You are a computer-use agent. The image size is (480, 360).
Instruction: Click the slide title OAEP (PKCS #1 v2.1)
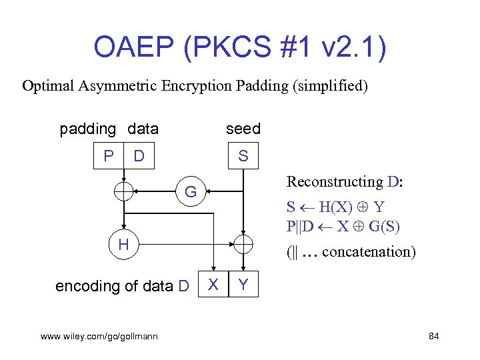pyautogui.click(x=239, y=47)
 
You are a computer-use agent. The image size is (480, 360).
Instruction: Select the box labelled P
pyautogui.click(x=109, y=156)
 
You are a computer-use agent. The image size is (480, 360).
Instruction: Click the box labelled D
pyautogui.click(x=139, y=156)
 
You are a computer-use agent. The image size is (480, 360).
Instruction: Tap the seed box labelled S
pyautogui.click(x=243, y=156)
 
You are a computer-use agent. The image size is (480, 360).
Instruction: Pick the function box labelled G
pyautogui.click(x=191, y=193)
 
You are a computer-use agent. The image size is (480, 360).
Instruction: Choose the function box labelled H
pyautogui.click(x=123, y=245)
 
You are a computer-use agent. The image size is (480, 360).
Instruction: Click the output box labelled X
pyautogui.click(x=213, y=285)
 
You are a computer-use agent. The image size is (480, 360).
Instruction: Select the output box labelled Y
pyautogui.click(x=243, y=285)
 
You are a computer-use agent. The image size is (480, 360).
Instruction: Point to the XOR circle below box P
pyautogui.click(x=123, y=192)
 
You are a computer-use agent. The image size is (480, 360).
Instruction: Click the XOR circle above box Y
pyautogui.click(x=243, y=245)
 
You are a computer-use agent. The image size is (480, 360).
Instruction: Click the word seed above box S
pyautogui.click(x=243, y=129)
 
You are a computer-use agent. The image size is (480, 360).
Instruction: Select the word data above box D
pyautogui.click(x=141, y=129)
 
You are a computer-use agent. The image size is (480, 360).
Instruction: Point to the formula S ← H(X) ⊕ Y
pyautogui.click(x=335, y=206)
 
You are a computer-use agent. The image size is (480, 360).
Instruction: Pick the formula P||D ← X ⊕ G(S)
pyautogui.click(x=343, y=226)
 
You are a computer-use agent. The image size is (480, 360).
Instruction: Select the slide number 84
pyautogui.click(x=433, y=336)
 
